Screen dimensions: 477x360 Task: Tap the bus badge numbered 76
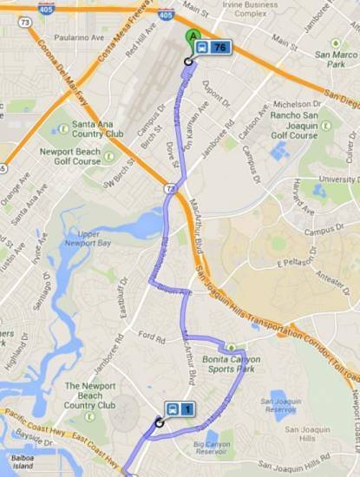point(212,48)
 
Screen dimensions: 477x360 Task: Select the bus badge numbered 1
point(180,409)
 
